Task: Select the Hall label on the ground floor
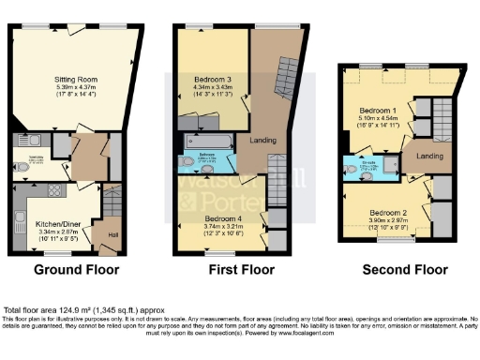112,234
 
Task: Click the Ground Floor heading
77,270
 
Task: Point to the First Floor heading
241,270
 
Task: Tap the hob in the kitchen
52,191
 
